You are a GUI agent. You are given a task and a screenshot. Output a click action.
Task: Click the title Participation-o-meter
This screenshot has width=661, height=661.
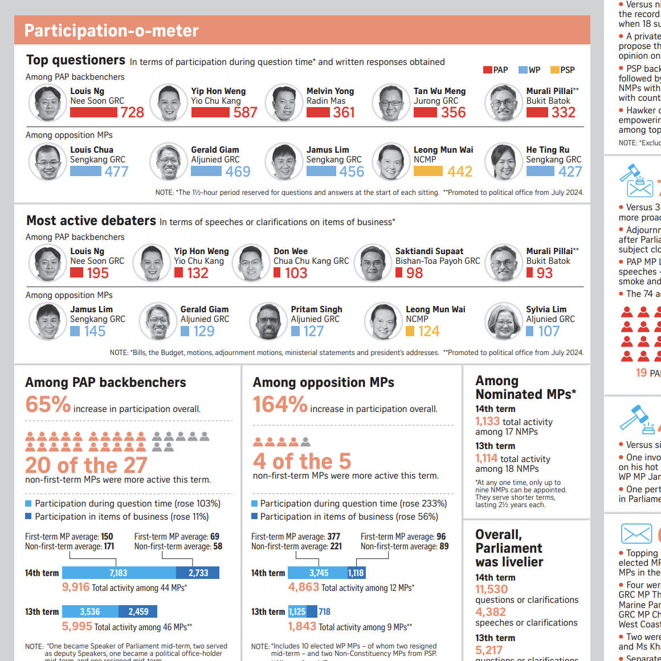point(112,30)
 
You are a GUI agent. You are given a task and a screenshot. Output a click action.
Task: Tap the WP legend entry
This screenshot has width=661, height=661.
point(529,70)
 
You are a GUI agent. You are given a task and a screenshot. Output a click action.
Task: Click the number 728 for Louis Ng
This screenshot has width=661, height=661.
point(132,113)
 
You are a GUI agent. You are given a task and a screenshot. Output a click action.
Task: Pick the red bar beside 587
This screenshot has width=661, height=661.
point(210,113)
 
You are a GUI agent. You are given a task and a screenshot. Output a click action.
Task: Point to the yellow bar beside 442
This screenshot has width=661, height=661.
point(428,172)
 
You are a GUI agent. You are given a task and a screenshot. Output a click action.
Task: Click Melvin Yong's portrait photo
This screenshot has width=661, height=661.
point(284,103)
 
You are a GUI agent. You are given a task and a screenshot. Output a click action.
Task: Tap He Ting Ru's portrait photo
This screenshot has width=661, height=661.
point(503,162)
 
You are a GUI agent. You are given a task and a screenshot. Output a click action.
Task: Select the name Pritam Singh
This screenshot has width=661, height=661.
point(316,309)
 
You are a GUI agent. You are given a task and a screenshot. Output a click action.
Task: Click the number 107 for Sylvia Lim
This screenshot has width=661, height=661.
point(549,331)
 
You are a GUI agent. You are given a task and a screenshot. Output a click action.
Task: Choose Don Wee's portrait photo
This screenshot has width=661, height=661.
point(251,263)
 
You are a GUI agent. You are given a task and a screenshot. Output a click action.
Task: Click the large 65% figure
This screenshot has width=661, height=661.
point(48,405)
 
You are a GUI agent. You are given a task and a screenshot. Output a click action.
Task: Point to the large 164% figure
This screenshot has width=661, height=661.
point(280,405)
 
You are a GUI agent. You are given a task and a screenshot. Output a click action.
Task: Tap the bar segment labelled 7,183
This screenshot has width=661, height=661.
point(119,573)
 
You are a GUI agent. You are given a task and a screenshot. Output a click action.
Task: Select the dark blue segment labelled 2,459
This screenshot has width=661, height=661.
point(138,611)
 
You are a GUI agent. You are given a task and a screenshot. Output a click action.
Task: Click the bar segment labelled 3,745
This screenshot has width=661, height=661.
point(319,573)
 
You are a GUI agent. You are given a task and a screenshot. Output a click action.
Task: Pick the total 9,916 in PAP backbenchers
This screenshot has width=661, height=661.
point(76,587)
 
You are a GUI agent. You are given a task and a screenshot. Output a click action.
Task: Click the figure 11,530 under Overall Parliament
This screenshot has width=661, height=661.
point(491,589)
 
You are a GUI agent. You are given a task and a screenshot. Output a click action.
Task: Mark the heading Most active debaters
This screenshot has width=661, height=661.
point(91,221)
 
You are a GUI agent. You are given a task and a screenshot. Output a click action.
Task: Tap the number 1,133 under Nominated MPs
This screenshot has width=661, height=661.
point(487,421)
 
